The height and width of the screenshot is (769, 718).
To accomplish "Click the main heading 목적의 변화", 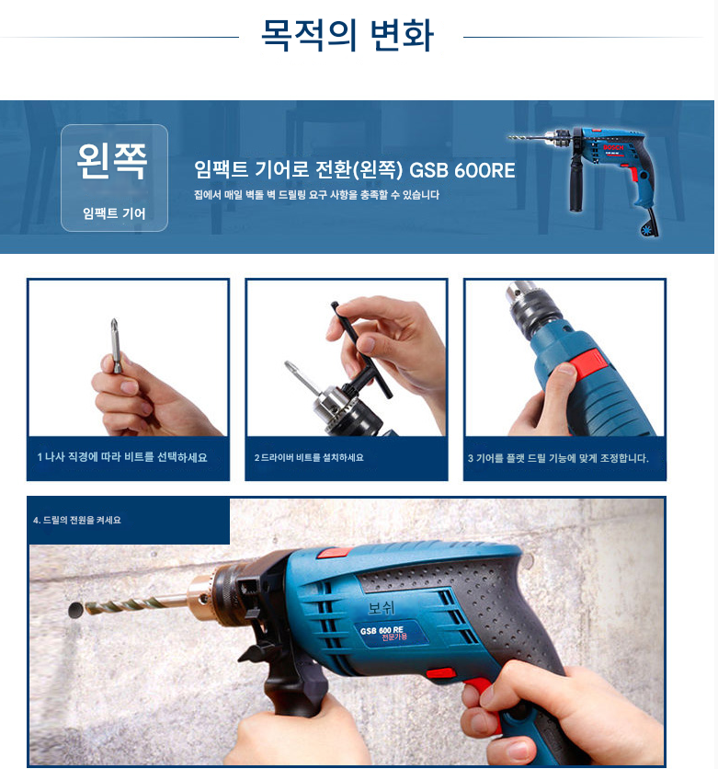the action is coord(347,35).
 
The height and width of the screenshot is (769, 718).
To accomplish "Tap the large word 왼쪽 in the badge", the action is coord(112,161).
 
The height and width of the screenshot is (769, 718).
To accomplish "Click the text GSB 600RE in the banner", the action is coord(462,170).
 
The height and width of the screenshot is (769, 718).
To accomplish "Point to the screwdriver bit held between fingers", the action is coord(115,345).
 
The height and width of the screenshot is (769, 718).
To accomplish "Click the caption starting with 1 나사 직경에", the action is coord(122,457).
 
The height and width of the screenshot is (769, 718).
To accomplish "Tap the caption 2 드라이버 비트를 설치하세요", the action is coord(309,457).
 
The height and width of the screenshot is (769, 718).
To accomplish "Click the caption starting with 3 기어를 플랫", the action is coord(558,458).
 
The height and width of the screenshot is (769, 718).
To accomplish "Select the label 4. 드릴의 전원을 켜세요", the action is coord(77,520).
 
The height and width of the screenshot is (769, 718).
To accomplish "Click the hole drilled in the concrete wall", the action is coord(75,610).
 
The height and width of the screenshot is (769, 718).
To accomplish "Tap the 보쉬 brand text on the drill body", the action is coord(381,608).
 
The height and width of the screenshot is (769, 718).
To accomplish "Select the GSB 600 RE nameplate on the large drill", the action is coord(391,633).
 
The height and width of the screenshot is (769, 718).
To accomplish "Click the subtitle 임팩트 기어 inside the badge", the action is coord(114,213).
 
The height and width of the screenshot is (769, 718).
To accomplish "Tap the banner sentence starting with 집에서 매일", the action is coord(316,195).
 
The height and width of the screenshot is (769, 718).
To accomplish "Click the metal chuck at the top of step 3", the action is coord(532,308).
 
